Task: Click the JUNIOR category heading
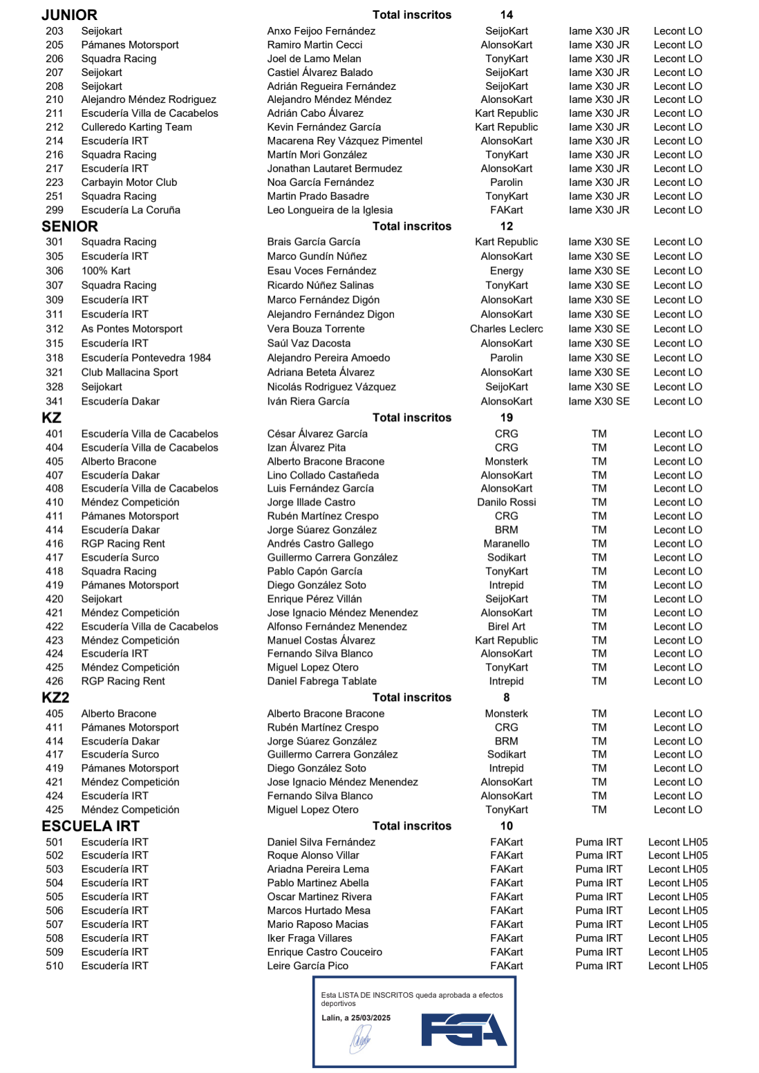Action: [69, 15]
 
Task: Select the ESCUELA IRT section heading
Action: [91, 826]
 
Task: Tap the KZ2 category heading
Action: [55, 698]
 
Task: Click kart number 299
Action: [55, 210]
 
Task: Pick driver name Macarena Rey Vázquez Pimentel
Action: [344, 141]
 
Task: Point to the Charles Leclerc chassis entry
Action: [506, 329]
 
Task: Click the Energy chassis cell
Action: [506, 271]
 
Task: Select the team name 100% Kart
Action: [106, 271]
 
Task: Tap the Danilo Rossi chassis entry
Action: [506, 503]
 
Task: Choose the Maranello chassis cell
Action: [506, 544]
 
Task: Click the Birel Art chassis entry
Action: [506, 626]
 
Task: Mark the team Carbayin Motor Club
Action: [129, 183]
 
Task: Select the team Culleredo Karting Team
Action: [136, 127]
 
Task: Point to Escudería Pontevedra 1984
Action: [146, 358]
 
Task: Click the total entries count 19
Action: [506, 418]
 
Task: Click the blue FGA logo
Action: [464, 1029]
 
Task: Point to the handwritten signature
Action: [360, 1038]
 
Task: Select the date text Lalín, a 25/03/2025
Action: [355, 1018]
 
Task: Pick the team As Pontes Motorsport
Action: [131, 329]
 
